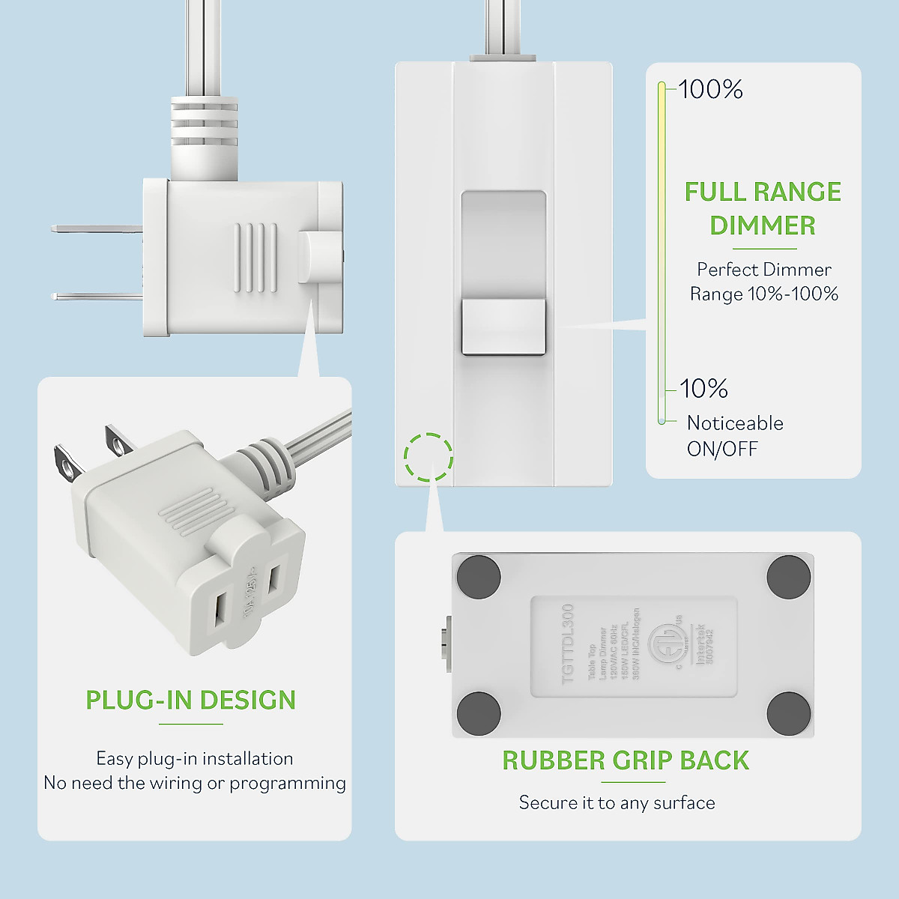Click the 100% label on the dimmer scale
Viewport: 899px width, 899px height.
[x=710, y=90]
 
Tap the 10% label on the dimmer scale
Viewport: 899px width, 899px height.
[x=703, y=389]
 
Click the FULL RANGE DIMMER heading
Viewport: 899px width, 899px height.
[x=763, y=208]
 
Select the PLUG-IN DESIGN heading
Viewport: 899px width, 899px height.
[x=191, y=700]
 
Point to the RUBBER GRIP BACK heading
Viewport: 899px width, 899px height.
[x=626, y=760]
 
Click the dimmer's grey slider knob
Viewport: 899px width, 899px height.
[x=503, y=327]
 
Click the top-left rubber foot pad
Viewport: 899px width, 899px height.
[x=479, y=576]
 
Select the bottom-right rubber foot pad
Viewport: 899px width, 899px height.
[x=789, y=713]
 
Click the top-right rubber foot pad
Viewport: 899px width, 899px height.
[x=789, y=577]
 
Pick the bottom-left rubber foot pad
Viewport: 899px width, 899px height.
[x=479, y=713]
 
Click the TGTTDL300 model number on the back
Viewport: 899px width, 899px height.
[x=567, y=644]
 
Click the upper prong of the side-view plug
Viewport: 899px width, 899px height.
[x=96, y=228]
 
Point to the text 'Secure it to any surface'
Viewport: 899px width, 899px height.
[x=617, y=803]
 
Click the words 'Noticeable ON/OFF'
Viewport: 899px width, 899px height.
[x=734, y=436]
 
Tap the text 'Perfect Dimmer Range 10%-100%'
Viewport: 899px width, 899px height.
[x=763, y=282]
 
